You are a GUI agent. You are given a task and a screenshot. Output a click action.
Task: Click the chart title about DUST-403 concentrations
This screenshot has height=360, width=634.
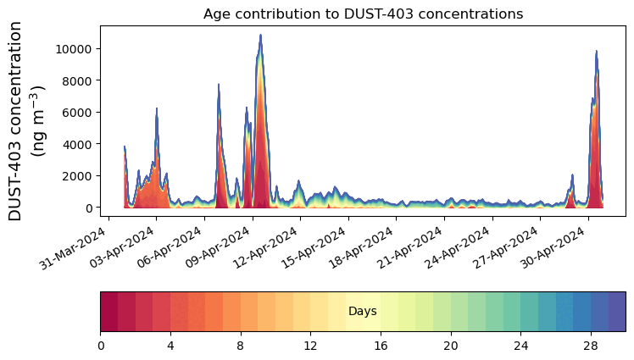pyautogui.click(x=363, y=14)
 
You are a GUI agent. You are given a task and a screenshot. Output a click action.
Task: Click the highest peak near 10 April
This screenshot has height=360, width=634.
pyautogui.click(x=261, y=36)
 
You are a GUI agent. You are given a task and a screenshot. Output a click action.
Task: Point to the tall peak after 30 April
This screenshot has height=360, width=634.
pyautogui.click(x=597, y=52)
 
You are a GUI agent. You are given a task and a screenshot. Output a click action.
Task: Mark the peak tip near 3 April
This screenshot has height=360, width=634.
pyautogui.click(x=157, y=109)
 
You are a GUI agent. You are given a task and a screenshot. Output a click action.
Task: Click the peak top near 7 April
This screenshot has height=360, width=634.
pyautogui.click(x=219, y=85)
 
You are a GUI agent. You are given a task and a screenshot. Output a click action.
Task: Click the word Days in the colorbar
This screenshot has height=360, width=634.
pyautogui.click(x=363, y=312)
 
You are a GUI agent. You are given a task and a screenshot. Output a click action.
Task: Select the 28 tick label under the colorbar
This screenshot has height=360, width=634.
pyautogui.click(x=591, y=346)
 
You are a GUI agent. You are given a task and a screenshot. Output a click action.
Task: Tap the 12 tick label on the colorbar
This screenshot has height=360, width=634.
pyautogui.click(x=311, y=346)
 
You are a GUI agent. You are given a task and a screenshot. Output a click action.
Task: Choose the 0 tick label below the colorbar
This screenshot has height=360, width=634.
pyautogui.click(x=101, y=346)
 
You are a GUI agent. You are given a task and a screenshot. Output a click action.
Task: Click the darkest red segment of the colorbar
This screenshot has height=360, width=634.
pyautogui.click(x=109, y=311)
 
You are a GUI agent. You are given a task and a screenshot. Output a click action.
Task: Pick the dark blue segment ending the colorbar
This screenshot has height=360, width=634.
pyautogui.click(x=617, y=311)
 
